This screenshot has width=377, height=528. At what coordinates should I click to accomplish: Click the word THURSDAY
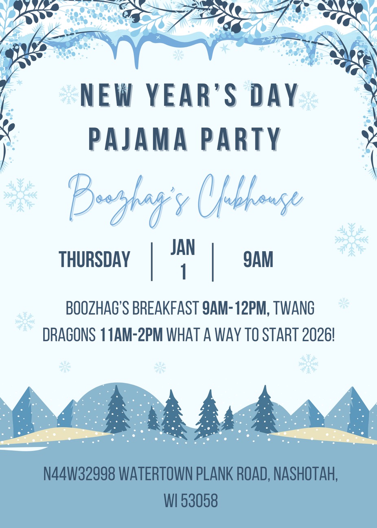[94, 259]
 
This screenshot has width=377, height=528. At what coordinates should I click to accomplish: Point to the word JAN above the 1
[183, 247]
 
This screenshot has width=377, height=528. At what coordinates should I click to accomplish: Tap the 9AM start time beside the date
[258, 259]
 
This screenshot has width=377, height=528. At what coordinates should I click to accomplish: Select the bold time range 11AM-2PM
[132, 334]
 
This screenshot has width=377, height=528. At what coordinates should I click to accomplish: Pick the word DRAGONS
[69, 334]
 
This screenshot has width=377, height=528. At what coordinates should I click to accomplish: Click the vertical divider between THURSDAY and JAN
[152, 262]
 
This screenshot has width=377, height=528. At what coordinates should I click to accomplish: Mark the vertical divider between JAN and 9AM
[213, 262]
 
